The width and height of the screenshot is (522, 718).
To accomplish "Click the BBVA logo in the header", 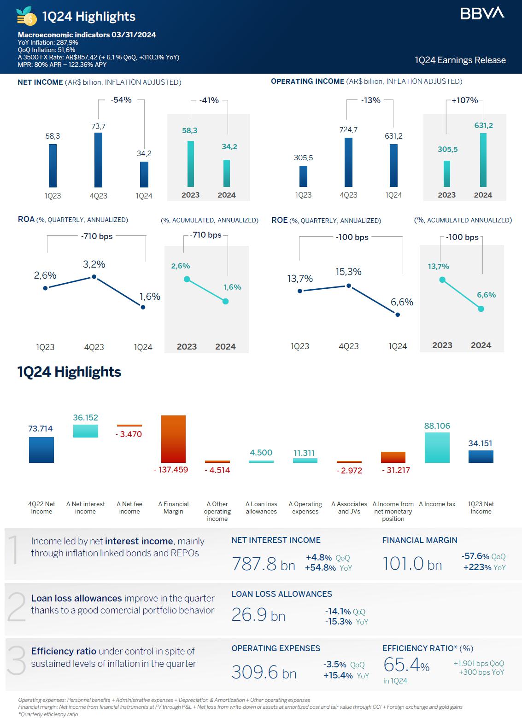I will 482,13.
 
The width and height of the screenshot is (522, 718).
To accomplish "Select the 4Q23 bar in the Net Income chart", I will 98,159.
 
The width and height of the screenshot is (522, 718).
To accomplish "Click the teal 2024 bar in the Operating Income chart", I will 483,160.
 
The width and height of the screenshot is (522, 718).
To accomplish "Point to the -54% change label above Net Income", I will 121,100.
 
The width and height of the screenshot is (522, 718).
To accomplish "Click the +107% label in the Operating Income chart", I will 464,100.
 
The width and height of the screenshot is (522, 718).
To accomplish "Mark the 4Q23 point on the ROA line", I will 94,277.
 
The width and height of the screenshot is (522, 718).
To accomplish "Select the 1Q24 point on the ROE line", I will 398,315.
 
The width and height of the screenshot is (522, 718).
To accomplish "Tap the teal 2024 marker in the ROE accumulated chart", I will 481,309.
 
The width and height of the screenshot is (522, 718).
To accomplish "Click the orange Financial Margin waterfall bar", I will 173,439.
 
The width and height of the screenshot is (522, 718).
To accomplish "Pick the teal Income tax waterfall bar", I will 437,447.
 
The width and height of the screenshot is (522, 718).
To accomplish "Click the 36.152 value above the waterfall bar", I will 86,418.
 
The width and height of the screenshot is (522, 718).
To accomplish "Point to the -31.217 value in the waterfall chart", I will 396,470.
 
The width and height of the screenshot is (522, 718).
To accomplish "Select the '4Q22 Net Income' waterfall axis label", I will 41,508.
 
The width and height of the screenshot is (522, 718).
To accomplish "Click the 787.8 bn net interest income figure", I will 263,564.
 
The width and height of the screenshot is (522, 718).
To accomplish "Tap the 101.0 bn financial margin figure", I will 412,564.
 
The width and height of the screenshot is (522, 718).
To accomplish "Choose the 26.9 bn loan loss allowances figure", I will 258,615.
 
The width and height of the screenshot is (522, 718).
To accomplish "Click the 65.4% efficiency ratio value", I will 406,665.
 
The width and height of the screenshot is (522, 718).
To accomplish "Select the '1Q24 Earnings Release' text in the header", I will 460,60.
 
